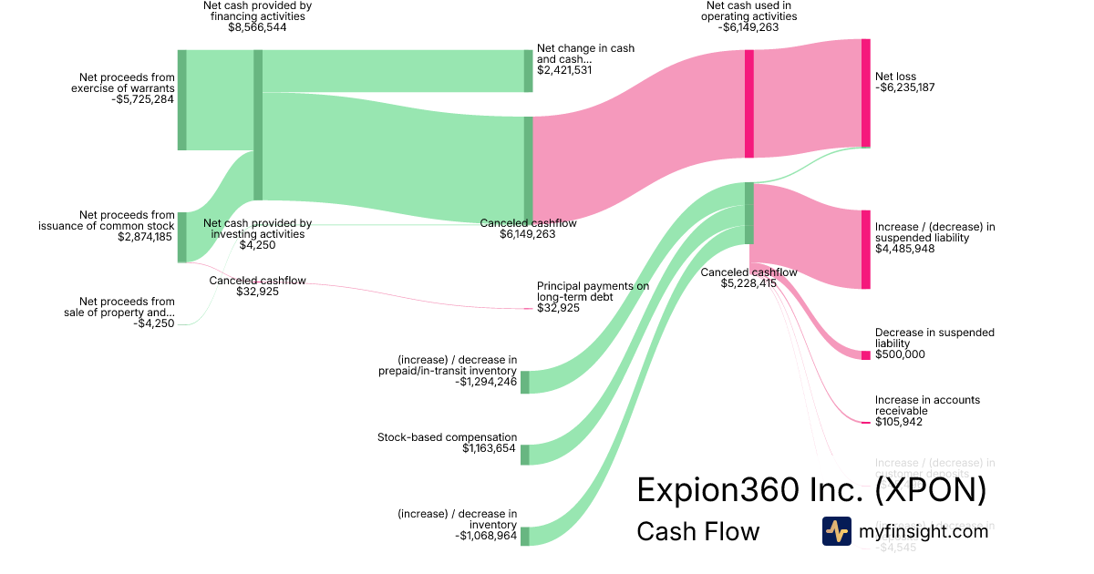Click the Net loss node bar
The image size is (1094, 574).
[865, 93]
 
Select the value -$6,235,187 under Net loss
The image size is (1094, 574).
[905, 87]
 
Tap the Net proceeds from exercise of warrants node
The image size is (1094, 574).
[182, 100]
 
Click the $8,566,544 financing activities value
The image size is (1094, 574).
[257, 27]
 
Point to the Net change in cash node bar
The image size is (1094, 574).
[528, 71]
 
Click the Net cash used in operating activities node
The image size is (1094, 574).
[749, 104]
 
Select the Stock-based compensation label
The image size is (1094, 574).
[447, 437]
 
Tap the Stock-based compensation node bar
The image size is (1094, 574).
[525, 455]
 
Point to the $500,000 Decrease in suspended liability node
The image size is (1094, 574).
[865, 354]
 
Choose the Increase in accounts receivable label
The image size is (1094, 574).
[927, 405]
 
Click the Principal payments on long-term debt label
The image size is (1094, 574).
[593, 292]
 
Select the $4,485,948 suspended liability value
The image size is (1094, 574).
[904, 248]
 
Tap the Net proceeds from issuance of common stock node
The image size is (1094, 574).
[182, 237]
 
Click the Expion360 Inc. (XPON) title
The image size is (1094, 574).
[811, 489]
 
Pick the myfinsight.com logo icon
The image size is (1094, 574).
[836, 531]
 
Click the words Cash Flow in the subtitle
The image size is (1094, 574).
[697, 531]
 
